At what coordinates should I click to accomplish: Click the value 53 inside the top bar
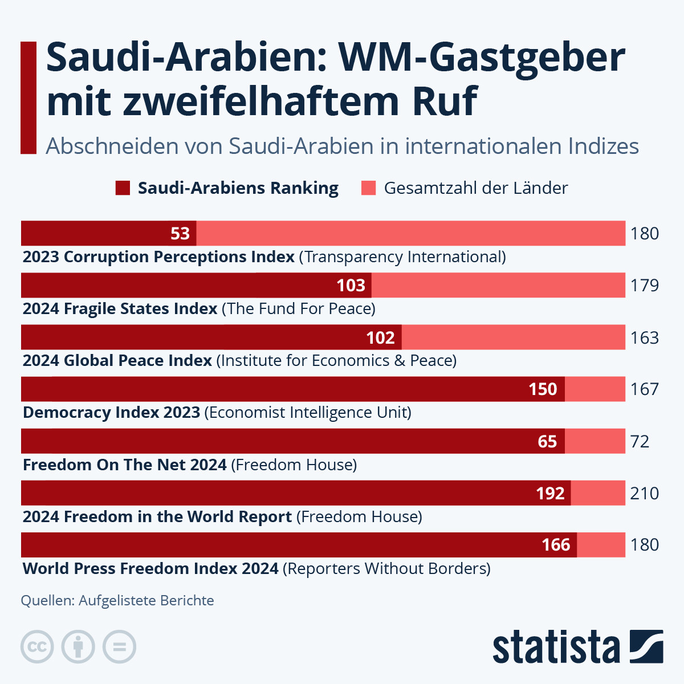(x=180, y=234)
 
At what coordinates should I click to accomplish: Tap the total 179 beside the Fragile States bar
(x=645, y=286)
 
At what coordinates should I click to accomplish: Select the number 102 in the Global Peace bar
(x=380, y=338)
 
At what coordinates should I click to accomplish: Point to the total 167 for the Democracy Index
(x=645, y=389)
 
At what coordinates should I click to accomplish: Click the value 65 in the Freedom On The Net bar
(x=547, y=442)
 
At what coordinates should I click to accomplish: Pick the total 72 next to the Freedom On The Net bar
(x=640, y=442)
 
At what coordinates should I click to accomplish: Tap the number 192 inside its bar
(x=550, y=494)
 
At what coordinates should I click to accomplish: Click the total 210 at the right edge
(x=645, y=494)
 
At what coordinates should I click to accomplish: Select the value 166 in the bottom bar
(x=556, y=545)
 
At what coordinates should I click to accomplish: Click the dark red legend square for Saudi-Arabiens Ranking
(x=123, y=188)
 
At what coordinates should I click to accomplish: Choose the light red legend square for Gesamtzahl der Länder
(x=369, y=188)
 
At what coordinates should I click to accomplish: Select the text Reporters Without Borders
(x=387, y=569)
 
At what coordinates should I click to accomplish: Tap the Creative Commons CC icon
(x=37, y=647)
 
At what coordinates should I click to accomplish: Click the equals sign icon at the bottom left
(x=120, y=647)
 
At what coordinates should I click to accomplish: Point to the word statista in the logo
(x=556, y=648)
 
